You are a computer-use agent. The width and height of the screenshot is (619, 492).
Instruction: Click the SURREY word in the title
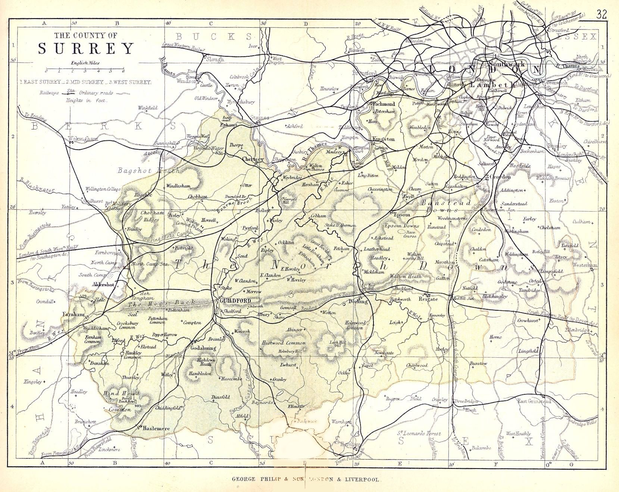click(x=86, y=49)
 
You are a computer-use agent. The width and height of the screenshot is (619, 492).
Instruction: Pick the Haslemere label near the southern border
click(x=156, y=429)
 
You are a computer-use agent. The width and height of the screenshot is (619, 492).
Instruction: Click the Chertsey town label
click(x=253, y=159)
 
